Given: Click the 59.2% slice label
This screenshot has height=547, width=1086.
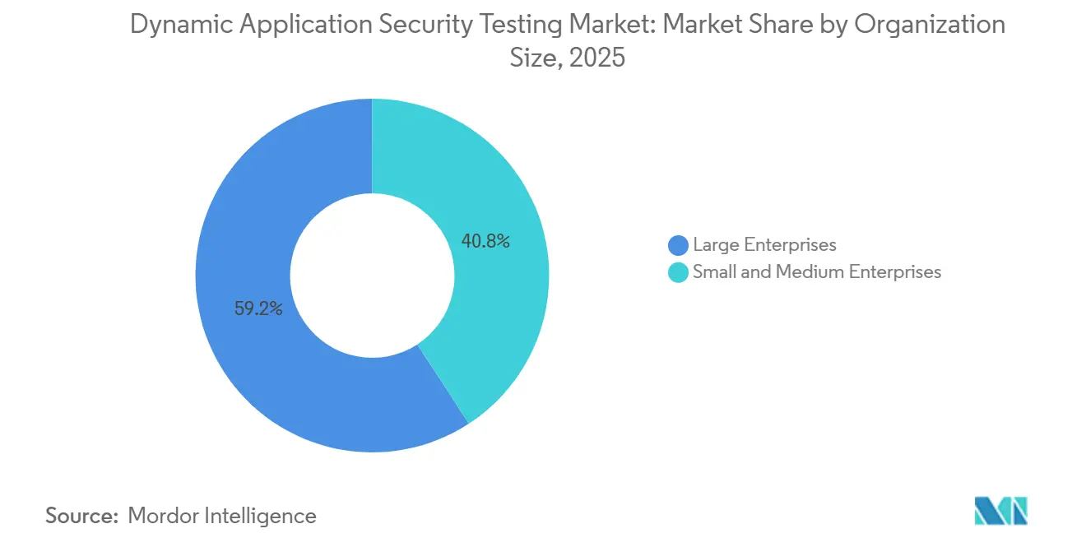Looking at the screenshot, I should (x=258, y=310).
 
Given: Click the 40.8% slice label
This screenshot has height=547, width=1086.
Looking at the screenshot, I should (x=485, y=242).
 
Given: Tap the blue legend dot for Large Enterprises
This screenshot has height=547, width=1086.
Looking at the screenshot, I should (x=678, y=245).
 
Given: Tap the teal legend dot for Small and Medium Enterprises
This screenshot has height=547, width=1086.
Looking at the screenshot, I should (x=678, y=272).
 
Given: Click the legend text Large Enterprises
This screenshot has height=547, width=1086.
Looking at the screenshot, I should (x=764, y=245).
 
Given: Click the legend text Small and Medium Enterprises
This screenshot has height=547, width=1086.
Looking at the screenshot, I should (x=816, y=272).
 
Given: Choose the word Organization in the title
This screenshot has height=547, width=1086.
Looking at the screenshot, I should (x=931, y=25).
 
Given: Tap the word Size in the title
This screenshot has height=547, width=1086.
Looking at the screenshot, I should (x=536, y=58).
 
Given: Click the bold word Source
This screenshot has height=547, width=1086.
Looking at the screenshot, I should (x=82, y=516).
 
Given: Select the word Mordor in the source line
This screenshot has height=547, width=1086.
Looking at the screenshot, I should (x=164, y=516).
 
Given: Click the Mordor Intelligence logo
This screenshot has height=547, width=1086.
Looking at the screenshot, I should (x=1001, y=512).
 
